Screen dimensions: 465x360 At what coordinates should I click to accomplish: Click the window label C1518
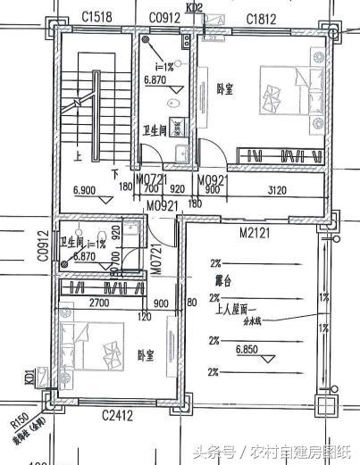pyautogui.click(x=96, y=18)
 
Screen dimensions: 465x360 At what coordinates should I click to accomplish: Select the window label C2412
pyautogui.click(x=118, y=415)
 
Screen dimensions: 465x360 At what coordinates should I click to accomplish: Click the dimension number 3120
pyautogui.click(x=278, y=189)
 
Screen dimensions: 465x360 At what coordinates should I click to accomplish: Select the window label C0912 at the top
pyautogui.click(x=165, y=18)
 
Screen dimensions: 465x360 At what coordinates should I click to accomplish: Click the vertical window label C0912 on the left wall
pyautogui.click(x=42, y=246)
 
